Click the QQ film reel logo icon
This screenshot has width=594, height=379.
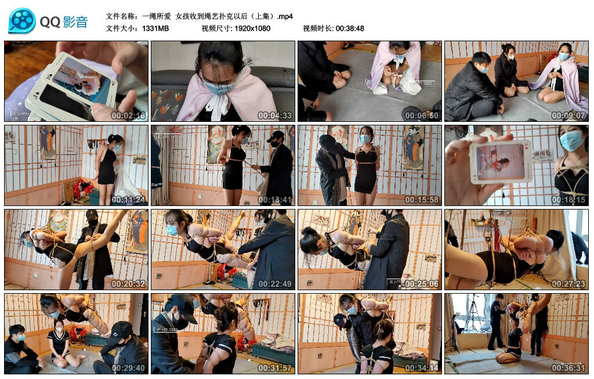(22, 21)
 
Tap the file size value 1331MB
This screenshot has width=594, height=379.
(155, 28)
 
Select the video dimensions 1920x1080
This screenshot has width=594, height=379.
(252, 28)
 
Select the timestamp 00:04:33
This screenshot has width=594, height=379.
(274, 115)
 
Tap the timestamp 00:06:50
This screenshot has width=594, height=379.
(421, 115)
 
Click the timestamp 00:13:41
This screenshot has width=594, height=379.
(274, 200)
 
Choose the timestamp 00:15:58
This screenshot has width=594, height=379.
(421, 200)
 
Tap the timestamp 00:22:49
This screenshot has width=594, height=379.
(274, 284)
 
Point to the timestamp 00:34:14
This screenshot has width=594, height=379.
(421, 368)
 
